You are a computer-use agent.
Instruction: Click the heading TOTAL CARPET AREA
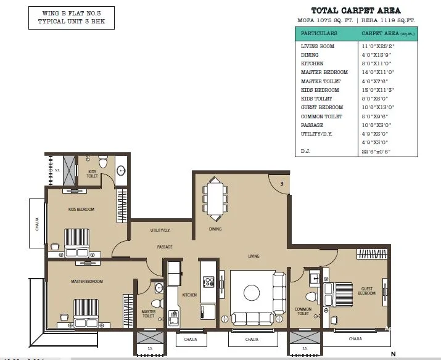coord(356,10)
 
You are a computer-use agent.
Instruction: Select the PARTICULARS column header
coord(319,33)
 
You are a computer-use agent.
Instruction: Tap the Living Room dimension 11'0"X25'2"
coord(377,46)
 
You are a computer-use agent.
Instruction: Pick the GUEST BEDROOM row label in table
coord(322,107)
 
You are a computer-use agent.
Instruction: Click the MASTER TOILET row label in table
coord(321,81)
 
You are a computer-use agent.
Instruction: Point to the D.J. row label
coord(305,151)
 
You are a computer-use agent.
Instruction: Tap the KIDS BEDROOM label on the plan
coord(81,210)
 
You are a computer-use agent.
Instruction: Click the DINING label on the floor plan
coord(215,229)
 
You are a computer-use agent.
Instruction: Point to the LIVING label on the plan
coord(253,256)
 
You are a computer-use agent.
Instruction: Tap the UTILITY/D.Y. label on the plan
coord(161,231)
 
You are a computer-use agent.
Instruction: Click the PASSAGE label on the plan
coord(164,247)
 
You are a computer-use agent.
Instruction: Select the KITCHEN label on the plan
coord(189,295)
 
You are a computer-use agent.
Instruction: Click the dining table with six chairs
coord(215,198)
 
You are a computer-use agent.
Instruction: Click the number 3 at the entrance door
coord(281,184)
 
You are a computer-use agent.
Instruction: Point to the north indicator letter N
coord(393,354)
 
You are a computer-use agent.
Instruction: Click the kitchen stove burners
coord(208,282)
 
